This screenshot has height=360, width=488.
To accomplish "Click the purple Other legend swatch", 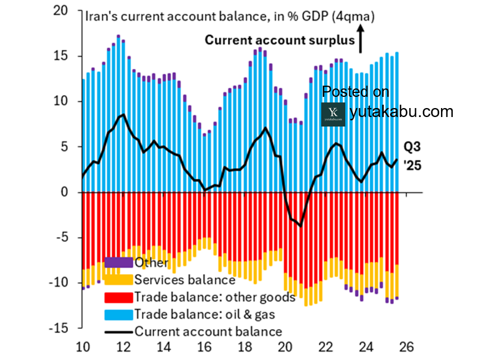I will pos(119,262).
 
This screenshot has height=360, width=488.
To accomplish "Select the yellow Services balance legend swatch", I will pos(119,279).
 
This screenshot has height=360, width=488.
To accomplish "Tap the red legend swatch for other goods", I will pos(119,296).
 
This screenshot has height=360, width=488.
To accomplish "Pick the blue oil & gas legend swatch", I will pos(119,314).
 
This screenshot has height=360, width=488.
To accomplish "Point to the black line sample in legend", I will pos(119,331).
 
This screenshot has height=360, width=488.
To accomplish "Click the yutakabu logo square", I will pos(334,113).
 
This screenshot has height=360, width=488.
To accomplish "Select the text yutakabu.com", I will pos(401,112).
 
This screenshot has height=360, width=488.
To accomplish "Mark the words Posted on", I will pos(356,92).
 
